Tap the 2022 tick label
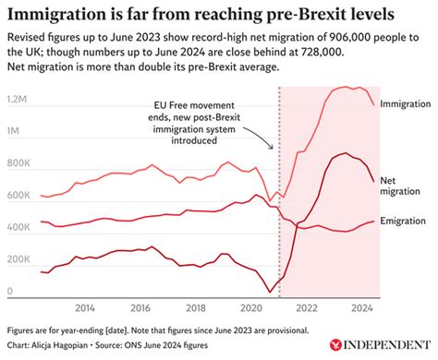tap(307, 308)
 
